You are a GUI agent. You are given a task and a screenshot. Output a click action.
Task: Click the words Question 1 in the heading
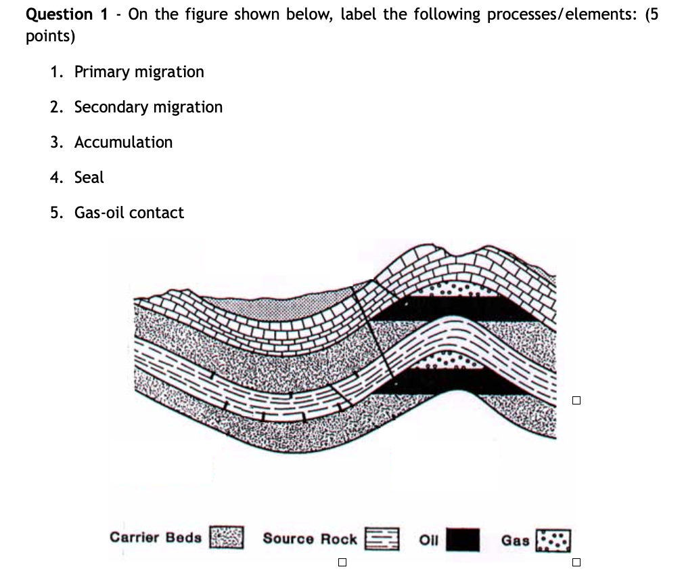point(60,15)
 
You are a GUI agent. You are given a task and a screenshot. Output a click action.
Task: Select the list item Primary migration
point(139,72)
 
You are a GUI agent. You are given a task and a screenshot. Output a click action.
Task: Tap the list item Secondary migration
point(148,107)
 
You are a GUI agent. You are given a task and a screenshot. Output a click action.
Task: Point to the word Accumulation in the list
point(123,142)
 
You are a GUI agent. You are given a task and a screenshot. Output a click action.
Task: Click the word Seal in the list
point(89,178)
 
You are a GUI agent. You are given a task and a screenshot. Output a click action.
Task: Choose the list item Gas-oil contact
point(129,213)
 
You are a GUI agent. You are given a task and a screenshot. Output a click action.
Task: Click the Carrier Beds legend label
point(156,537)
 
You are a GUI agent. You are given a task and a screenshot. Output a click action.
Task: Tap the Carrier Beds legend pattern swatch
point(227,538)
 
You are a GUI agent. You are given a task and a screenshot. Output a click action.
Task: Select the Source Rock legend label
point(309,539)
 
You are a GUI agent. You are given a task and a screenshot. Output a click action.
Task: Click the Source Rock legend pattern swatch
point(382,539)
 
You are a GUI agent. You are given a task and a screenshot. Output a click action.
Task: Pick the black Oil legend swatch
point(463,540)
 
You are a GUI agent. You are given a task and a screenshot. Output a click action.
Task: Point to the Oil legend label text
point(429,540)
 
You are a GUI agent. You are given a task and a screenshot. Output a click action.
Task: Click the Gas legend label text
point(515,540)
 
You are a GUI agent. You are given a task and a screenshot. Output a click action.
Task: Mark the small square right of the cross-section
point(576,400)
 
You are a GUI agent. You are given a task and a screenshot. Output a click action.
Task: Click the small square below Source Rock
point(342,562)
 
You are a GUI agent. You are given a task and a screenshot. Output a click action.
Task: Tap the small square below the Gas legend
point(576,562)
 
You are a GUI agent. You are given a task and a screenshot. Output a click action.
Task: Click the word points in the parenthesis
point(49,37)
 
